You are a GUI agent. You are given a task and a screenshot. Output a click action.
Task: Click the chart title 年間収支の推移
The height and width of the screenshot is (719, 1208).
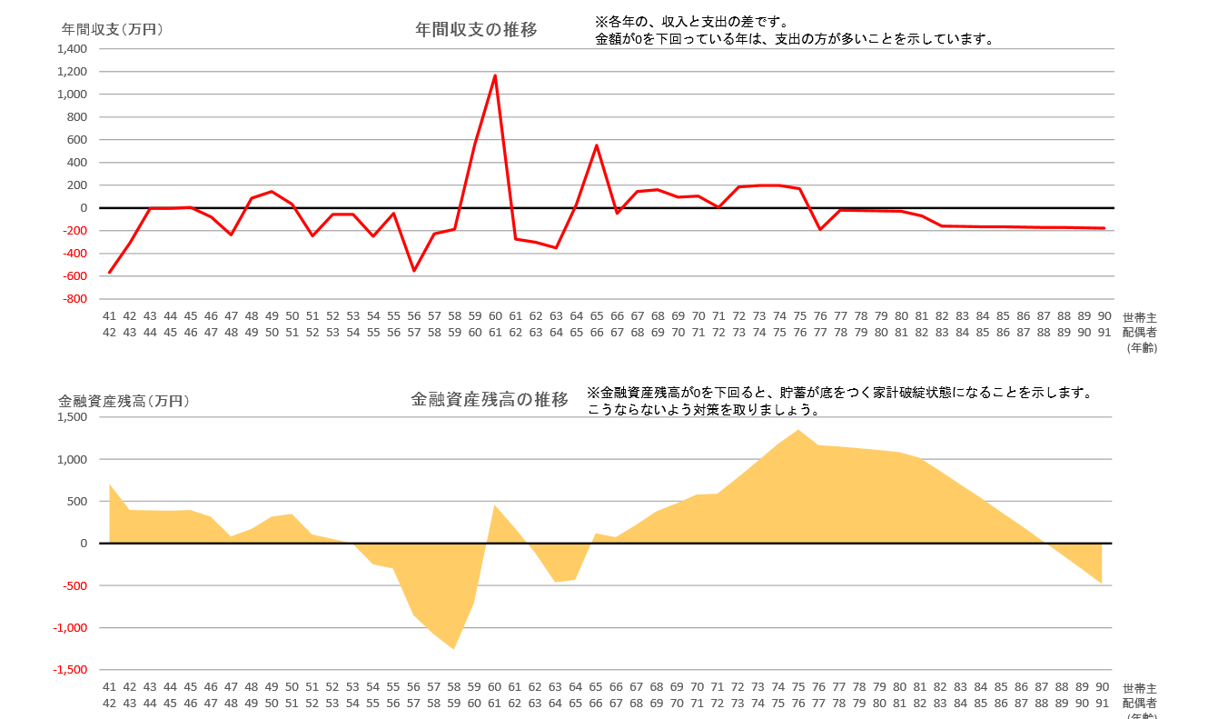pyautogui.click(x=476, y=29)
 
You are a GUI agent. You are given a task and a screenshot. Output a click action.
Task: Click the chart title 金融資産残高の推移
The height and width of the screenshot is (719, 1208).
pyautogui.click(x=490, y=399)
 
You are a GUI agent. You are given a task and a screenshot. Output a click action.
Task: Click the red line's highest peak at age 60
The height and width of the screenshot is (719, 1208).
pyautogui.click(x=495, y=75)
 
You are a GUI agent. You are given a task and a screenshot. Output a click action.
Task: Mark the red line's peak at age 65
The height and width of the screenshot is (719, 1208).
pyautogui.click(x=597, y=145)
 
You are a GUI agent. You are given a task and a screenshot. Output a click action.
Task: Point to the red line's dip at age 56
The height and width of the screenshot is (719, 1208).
pyautogui.click(x=414, y=271)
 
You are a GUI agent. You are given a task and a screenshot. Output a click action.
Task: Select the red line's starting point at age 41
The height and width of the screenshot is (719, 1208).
pyautogui.click(x=110, y=272)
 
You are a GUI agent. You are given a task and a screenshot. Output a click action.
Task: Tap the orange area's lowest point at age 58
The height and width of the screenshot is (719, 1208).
pyautogui.click(x=453, y=648)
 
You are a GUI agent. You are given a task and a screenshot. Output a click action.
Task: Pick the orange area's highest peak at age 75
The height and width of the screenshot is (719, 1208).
pyautogui.click(x=797, y=430)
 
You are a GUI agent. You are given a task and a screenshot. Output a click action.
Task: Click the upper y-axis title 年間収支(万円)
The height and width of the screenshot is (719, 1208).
pyautogui.click(x=112, y=29)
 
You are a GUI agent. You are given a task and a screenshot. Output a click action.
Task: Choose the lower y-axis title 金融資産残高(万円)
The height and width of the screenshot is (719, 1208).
pyautogui.click(x=124, y=400)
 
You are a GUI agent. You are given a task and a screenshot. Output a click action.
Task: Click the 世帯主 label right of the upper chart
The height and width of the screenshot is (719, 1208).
pyautogui.click(x=1139, y=317)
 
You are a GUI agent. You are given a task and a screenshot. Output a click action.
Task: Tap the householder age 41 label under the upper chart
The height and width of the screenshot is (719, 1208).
pyautogui.click(x=109, y=316)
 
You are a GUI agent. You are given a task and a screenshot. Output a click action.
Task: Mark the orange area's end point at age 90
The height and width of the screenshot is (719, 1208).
pyautogui.click(x=1102, y=583)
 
